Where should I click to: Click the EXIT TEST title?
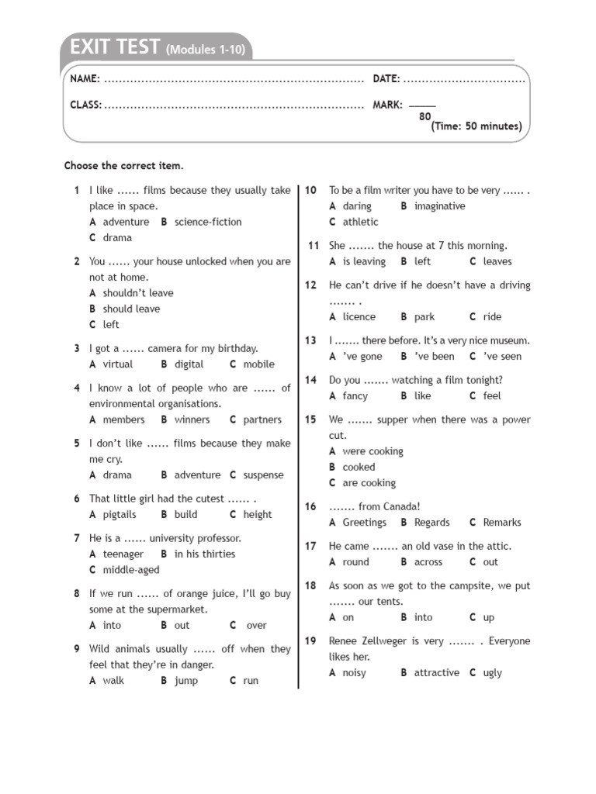(x=114, y=48)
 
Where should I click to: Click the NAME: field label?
(x=85, y=79)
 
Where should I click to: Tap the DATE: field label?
(x=386, y=79)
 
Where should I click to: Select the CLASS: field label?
(x=85, y=105)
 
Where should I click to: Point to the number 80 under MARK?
(x=424, y=116)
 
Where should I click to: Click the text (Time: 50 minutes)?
(x=476, y=126)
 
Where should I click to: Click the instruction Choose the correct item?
(x=124, y=166)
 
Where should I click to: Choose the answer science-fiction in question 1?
(x=208, y=222)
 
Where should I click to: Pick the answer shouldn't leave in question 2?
(x=138, y=293)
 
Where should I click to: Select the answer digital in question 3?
(x=189, y=364)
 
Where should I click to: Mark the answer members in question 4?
(x=123, y=419)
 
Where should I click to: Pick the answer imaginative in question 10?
(x=440, y=206)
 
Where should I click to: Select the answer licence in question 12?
(x=359, y=317)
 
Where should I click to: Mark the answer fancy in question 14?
(x=355, y=396)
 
